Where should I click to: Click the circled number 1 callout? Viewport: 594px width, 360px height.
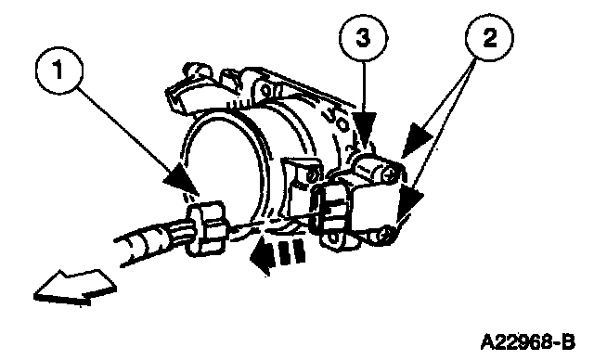pos(59,70)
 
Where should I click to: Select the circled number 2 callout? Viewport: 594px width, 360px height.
pos(489,38)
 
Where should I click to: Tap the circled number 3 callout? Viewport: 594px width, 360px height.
pos(363,38)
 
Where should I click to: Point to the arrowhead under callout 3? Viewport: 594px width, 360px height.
pos(364,130)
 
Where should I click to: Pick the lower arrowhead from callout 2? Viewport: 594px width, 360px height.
pos(410,203)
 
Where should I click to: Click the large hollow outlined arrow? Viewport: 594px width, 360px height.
pos(75,287)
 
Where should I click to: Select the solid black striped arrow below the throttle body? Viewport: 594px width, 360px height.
pos(278,253)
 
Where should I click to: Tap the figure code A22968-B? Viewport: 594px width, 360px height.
pos(528,342)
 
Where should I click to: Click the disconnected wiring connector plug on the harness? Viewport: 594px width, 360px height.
pos(206,228)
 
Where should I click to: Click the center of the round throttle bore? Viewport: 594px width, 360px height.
pos(221,167)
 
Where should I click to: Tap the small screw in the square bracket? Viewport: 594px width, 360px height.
pos(312,176)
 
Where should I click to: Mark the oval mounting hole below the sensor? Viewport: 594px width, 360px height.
pos(333,239)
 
